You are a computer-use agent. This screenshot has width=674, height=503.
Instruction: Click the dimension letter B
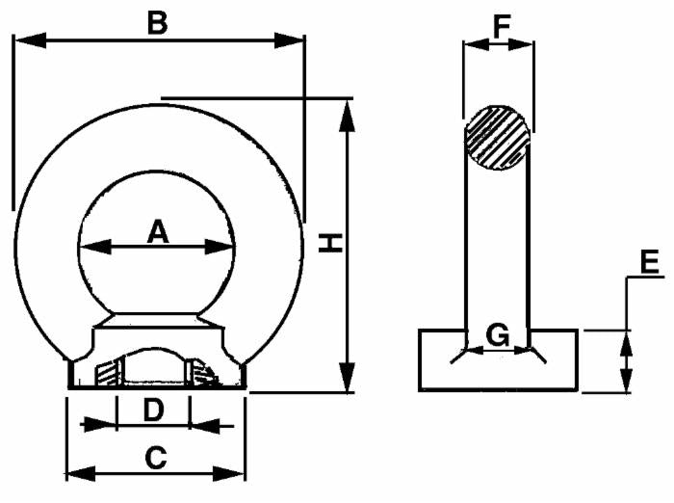tap(156, 22)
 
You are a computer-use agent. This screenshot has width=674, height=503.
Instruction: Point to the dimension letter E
tap(650, 260)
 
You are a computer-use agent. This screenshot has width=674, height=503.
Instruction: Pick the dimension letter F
tap(499, 26)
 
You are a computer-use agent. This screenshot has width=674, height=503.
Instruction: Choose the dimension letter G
tap(497, 336)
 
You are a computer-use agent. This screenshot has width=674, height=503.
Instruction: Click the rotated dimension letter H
tap(330, 242)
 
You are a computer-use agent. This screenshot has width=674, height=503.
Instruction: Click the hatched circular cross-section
tap(497, 138)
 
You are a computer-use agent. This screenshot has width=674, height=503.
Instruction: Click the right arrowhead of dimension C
tap(236, 473)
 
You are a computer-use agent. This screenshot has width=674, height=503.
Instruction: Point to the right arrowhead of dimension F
tap(526, 43)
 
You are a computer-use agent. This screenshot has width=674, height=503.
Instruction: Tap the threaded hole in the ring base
tap(154, 369)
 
